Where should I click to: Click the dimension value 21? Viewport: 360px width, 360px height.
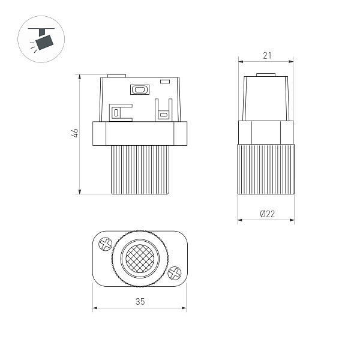coord(267,56)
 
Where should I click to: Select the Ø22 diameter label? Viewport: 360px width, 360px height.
coord(267,214)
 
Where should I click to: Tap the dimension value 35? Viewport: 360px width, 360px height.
coord(140,302)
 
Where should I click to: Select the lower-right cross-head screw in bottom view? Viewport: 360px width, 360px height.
coord(175,273)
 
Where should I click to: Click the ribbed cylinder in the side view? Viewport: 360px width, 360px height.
coord(266,169)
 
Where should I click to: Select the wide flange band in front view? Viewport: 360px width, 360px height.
coord(140,133)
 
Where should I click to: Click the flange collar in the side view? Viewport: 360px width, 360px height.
coord(266,133)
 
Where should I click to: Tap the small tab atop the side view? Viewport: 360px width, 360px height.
coord(266,76)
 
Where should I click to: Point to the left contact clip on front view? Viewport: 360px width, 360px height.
coord(119,112)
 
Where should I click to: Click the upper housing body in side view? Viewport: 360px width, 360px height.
coord(266,99)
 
